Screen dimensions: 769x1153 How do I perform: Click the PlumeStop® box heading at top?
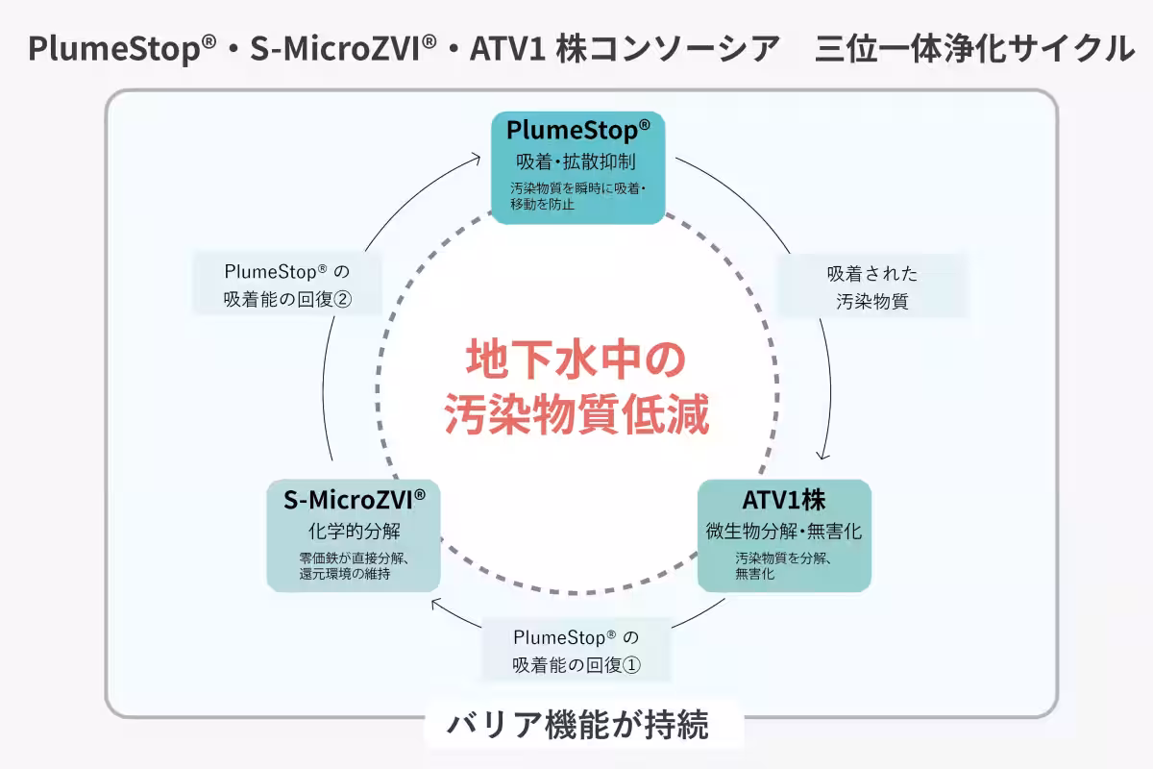pyautogui.click(x=577, y=130)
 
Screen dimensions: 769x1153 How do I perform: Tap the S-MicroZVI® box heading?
pyautogui.click(x=354, y=500)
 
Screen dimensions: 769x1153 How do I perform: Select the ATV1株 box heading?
pyautogui.click(x=784, y=500)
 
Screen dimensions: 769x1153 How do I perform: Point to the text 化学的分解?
pyautogui.click(x=354, y=531)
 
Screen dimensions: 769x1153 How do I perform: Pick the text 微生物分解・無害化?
pyautogui.click(x=784, y=531)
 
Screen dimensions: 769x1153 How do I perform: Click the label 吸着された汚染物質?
pyautogui.click(x=871, y=286)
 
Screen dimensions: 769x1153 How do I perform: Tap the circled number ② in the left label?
pyautogui.click(x=343, y=299)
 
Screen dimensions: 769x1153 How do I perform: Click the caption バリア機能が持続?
pyautogui.click(x=577, y=725)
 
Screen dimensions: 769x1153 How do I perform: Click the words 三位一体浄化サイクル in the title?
pyautogui.click(x=974, y=48)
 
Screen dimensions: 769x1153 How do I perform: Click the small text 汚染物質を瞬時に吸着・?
pyautogui.click(x=577, y=188)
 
